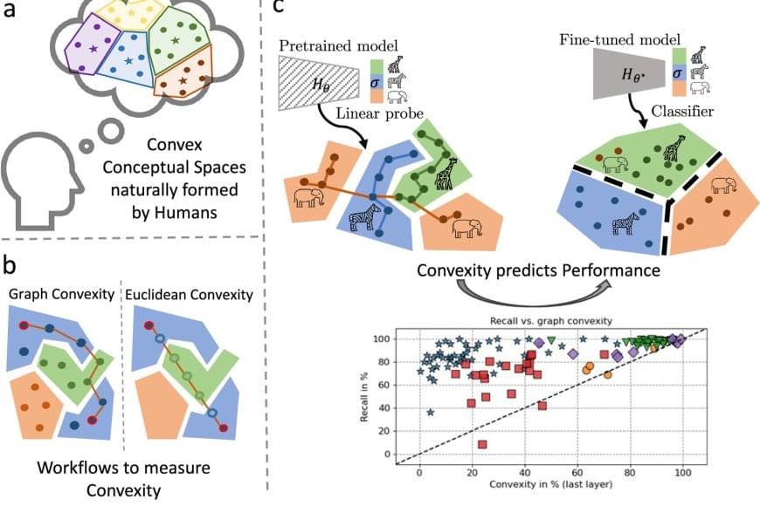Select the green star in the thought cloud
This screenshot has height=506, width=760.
pyautogui.click(x=176, y=40)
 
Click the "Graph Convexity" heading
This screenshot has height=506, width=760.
pyautogui.click(x=60, y=294)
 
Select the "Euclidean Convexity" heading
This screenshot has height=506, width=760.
pyautogui.click(x=189, y=294)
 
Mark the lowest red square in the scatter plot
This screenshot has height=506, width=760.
pyautogui.click(x=482, y=444)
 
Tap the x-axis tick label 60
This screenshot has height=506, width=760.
pyautogui.click(x=577, y=472)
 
